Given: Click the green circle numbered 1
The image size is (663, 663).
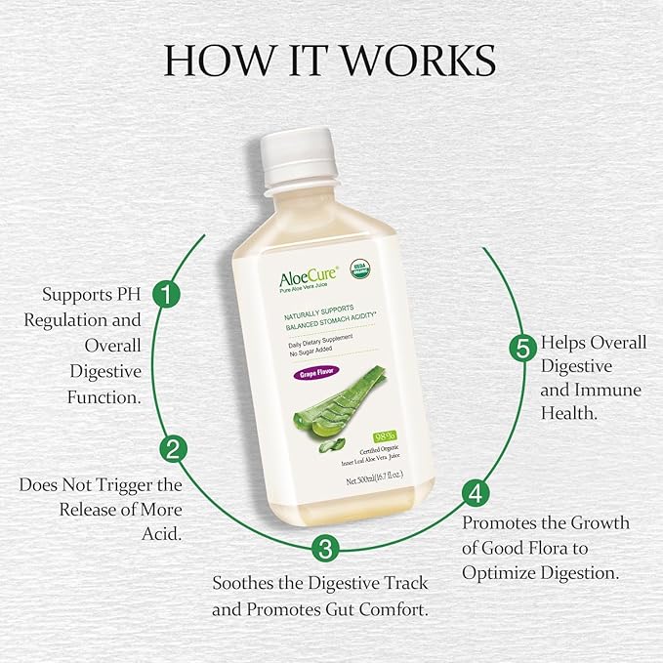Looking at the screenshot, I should pyautogui.click(x=170, y=294).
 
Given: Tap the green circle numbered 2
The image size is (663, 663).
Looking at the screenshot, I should pyautogui.click(x=172, y=450).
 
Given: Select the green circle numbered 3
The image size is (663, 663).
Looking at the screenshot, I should pyautogui.click(x=326, y=548).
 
